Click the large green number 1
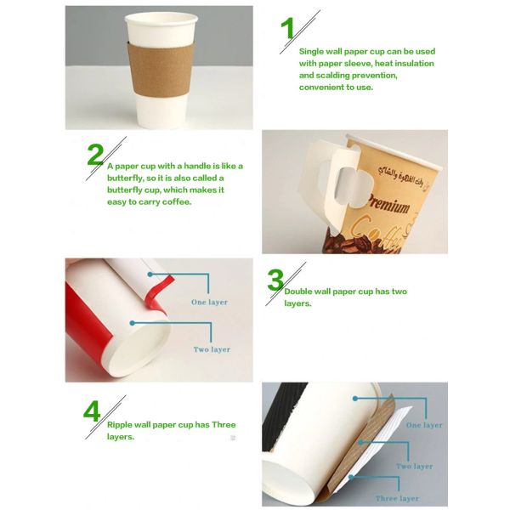coord(289,28)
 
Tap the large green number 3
coord(275,280)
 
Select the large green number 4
coord(92,411)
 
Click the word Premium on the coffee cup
coord(388,205)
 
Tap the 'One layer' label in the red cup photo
coord(209,302)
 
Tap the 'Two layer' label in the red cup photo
coord(212,349)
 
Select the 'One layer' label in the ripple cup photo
coord(423,425)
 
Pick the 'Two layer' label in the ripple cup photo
coord(414,466)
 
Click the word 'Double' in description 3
coord(299,292)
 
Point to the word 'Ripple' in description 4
coord(121,424)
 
